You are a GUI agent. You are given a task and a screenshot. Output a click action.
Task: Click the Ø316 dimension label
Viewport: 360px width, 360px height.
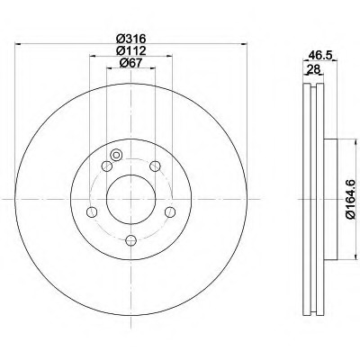131,39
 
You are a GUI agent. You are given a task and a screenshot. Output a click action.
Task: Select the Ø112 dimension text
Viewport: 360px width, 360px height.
131,50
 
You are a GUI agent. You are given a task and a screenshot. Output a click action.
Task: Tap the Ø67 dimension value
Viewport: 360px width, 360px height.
130,63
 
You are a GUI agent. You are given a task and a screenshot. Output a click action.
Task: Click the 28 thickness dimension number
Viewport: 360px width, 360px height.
312,70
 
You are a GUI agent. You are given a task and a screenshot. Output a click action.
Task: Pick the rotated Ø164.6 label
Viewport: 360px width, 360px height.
350,199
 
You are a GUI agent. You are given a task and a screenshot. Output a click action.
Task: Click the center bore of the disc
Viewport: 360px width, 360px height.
131,199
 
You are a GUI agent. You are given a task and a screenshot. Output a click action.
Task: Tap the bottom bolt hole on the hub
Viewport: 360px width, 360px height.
131,240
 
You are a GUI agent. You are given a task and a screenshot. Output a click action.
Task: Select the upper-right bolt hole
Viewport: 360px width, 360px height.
155,166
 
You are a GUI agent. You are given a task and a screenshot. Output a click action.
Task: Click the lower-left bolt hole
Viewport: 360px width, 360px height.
92,211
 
